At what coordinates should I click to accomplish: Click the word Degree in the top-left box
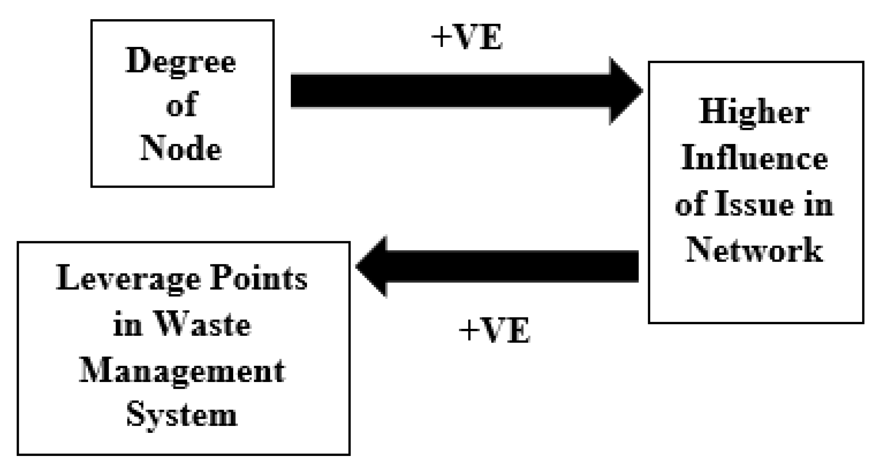click(181, 61)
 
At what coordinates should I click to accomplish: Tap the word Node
click(181, 149)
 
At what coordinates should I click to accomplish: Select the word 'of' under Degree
click(182, 105)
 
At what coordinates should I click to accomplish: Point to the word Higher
click(754, 113)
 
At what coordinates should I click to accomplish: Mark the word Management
click(182, 372)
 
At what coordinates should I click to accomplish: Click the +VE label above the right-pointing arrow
click(467, 38)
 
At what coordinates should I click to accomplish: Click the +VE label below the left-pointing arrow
click(494, 330)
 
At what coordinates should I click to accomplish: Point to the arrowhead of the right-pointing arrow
click(625, 91)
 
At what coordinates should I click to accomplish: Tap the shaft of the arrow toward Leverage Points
click(513, 266)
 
